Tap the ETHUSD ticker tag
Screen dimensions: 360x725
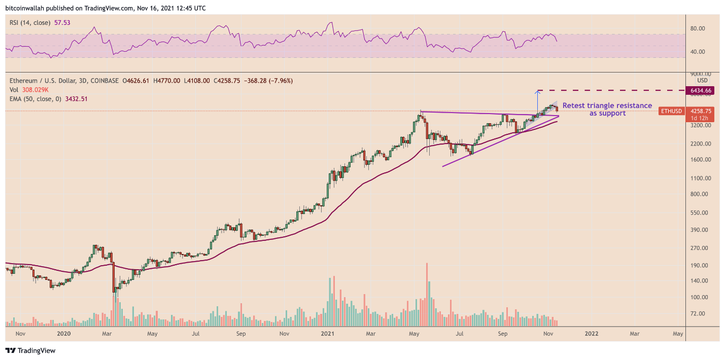tap(671, 111)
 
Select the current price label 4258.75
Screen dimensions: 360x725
tap(701, 111)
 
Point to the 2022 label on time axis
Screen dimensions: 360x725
tap(591, 334)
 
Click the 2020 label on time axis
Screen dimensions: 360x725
tap(64, 334)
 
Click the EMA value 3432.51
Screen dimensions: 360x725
tap(75, 99)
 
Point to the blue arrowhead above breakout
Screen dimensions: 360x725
tap(537, 92)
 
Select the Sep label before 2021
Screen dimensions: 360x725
tap(241, 334)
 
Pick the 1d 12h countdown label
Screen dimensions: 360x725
tap(701, 118)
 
